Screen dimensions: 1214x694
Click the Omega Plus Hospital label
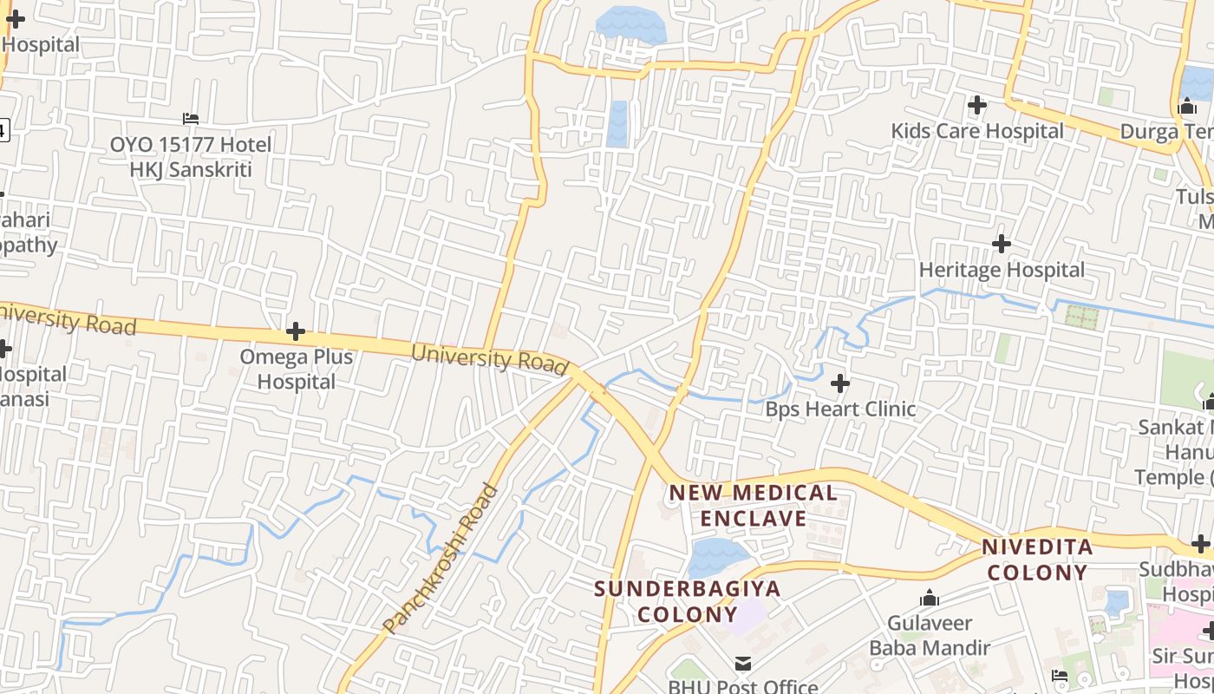(296, 369)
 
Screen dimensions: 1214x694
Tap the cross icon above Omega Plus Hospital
(296, 331)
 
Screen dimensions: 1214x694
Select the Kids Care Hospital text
(977, 131)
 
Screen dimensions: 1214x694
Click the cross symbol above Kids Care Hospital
(977, 105)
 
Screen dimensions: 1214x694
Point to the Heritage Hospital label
(1002, 270)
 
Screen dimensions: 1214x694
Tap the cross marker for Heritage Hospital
(1002, 244)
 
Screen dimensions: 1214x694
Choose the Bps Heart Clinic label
(840, 409)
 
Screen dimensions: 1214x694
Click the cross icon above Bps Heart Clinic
(840, 383)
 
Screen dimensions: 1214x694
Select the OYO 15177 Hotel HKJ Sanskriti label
(191, 156)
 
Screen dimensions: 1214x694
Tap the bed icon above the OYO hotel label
(191, 118)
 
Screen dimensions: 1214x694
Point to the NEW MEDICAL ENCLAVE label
(753, 506)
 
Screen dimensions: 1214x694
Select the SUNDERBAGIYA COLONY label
(687, 601)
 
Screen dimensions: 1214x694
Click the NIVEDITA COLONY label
(1037, 560)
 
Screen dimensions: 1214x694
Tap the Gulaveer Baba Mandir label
(930, 635)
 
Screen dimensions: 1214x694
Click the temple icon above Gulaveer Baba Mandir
(930, 598)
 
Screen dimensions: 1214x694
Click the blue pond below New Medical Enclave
(718, 556)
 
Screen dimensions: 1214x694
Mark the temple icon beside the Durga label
(1187, 106)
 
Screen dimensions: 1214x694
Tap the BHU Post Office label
(743, 686)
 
